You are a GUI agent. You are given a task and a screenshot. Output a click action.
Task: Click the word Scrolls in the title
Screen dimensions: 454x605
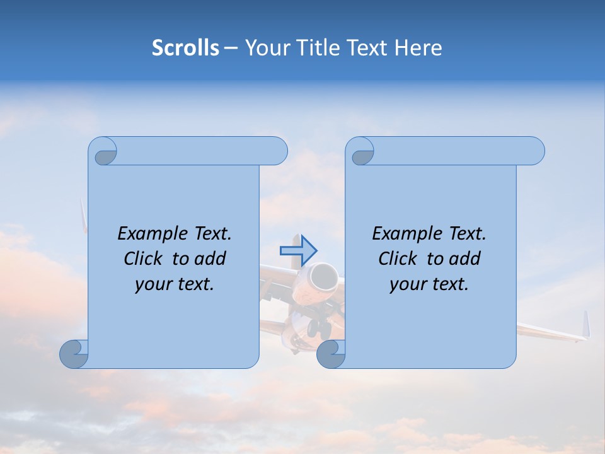185,48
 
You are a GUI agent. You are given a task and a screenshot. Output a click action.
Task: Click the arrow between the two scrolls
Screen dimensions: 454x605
298,250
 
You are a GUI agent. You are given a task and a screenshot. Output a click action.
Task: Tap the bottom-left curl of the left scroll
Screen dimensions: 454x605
74,354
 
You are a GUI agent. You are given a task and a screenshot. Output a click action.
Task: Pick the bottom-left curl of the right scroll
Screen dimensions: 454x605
331,354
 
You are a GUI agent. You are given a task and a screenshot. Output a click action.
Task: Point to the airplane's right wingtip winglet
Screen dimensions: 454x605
585,325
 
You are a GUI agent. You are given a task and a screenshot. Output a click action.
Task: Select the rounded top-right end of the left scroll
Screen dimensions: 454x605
277,151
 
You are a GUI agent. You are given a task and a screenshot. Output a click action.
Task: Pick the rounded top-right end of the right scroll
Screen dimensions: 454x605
534,151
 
